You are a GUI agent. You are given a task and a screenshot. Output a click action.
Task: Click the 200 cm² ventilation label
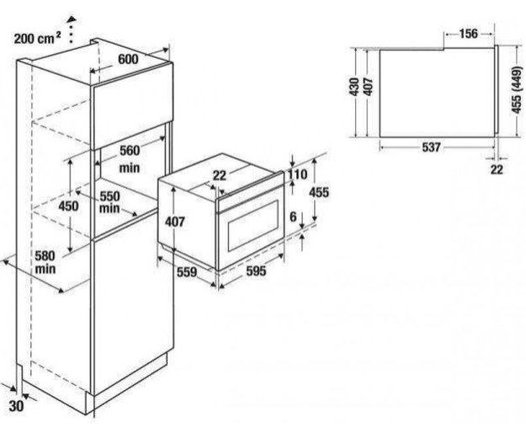[x=37, y=38]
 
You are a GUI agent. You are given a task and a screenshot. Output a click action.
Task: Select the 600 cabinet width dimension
[x=127, y=60]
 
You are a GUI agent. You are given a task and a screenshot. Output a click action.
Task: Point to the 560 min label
[x=128, y=158]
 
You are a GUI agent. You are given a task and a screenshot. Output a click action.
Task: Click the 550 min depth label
[x=109, y=202]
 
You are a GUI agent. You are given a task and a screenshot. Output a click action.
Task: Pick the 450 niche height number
[x=69, y=206]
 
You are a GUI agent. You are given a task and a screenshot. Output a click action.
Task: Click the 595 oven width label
[x=255, y=271]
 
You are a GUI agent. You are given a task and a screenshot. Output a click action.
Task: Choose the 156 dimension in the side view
[x=470, y=34]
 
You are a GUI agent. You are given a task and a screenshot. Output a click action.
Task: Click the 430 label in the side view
[x=355, y=86]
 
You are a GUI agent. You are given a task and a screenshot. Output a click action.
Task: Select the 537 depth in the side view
[x=430, y=148]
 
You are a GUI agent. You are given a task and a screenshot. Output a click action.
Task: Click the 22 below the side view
[x=496, y=169]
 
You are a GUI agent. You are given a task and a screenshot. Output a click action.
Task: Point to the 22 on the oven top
[x=218, y=174]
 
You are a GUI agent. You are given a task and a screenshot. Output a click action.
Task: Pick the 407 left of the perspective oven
[x=174, y=222]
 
